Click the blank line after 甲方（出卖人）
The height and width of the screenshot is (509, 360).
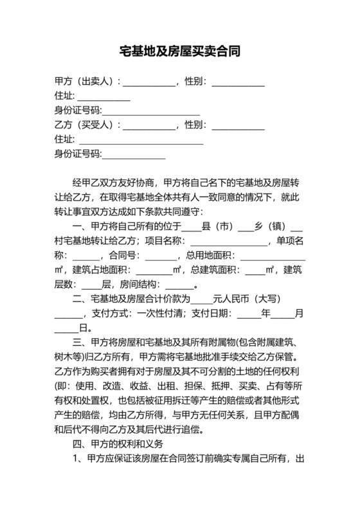tap(148, 84)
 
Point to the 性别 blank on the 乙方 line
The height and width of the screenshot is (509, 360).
tap(238, 126)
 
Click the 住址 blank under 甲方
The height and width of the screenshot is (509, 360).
tap(104, 98)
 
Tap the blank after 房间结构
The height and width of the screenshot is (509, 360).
tap(179, 285)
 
